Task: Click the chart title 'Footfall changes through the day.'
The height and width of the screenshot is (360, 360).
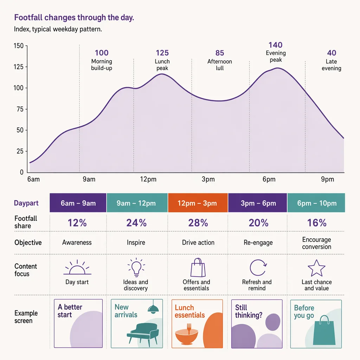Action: (74, 18)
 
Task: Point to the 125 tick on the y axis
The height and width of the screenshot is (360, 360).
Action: (19, 67)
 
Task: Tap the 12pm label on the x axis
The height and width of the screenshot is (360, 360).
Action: (148, 179)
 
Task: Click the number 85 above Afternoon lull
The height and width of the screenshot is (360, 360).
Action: (220, 53)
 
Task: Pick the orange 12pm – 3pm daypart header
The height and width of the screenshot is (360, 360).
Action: (198, 203)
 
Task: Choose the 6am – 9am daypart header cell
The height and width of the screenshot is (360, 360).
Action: (78, 203)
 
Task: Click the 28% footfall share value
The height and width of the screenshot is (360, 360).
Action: (198, 223)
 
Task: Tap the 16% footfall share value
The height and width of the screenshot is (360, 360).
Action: (317, 223)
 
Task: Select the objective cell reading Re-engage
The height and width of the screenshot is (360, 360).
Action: (258, 243)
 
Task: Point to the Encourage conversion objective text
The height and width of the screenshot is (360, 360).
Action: (317, 243)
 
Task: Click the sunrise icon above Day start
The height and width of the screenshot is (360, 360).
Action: (77, 268)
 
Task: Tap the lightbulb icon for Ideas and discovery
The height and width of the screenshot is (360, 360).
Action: (136, 267)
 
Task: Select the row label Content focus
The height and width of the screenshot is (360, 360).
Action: (25, 270)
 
